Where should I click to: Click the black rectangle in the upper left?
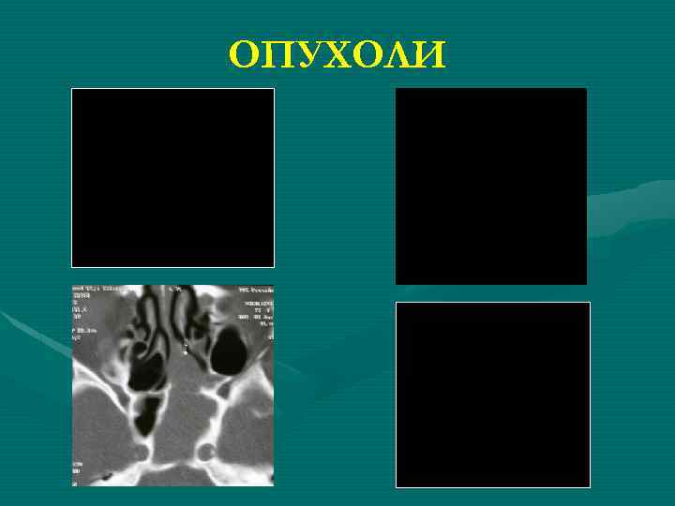click(x=172, y=178)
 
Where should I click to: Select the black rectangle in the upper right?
click(x=490, y=186)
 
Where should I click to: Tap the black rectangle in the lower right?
click(x=492, y=394)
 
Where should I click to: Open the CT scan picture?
click(x=172, y=385)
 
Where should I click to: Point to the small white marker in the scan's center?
click(x=185, y=348)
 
